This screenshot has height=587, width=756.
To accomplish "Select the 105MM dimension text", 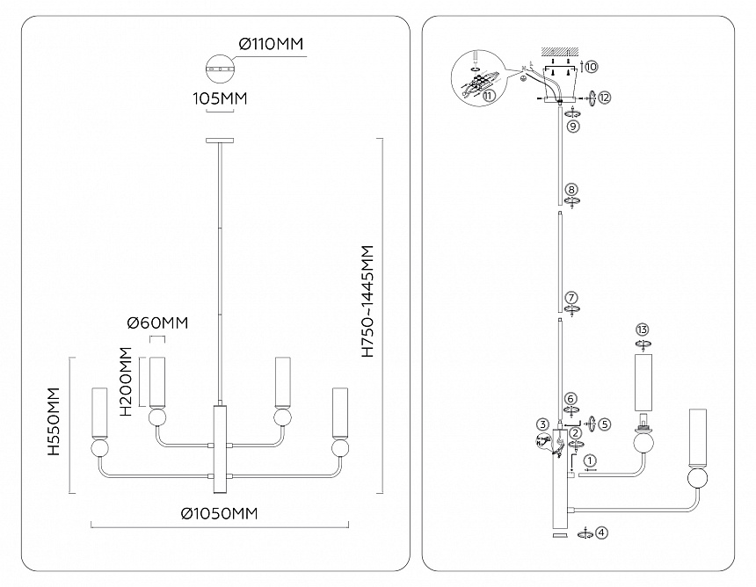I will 220,99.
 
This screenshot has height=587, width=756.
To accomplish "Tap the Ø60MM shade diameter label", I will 158,323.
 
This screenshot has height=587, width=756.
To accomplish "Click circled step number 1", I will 589,460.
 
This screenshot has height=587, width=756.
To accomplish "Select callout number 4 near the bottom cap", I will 601,533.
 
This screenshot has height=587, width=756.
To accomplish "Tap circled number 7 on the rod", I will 571,297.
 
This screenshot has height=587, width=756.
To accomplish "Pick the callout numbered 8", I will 571,189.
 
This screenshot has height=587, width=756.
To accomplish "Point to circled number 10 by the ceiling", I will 591,66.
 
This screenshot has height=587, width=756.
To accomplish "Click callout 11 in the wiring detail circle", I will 489,96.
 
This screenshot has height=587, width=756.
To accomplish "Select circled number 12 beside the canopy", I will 604,97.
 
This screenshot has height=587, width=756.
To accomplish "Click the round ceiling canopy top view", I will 220,67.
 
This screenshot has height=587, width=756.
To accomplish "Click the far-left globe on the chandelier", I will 101,448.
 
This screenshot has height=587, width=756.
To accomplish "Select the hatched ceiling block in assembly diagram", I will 560,49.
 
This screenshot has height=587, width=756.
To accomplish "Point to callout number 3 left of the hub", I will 543,424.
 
